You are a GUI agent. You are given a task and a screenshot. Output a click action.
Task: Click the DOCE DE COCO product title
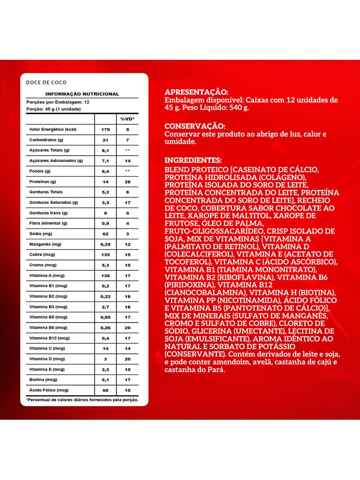[x=46, y=82]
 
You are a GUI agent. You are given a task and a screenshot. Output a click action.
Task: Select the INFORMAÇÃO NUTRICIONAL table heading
[x=82, y=94]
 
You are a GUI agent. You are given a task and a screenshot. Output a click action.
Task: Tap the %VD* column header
[x=128, y=119]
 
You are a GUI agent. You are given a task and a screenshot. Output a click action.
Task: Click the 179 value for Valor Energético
[x=106, y=130]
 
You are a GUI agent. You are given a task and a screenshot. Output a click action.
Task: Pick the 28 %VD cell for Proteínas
[x=128, y=182]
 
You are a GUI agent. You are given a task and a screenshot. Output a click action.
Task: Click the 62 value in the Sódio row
[x=106, y=234]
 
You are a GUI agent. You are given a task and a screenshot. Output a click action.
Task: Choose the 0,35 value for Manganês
[x=106, y=244]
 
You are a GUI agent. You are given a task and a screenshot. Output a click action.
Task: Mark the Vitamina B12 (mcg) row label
[x=50, y=338]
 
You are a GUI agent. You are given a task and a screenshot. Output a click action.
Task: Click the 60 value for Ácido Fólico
[x=106, y=390]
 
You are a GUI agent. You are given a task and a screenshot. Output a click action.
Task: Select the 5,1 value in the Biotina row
[x=106, y=380]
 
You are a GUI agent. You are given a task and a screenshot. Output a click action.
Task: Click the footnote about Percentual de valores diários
[x=82, y=399]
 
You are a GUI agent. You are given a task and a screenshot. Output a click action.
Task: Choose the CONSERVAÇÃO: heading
[x=195, y=126]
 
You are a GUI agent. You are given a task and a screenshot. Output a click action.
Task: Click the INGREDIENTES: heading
[x=193, y=161]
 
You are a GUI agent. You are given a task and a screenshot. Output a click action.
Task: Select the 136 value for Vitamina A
[x=106, y=275]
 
